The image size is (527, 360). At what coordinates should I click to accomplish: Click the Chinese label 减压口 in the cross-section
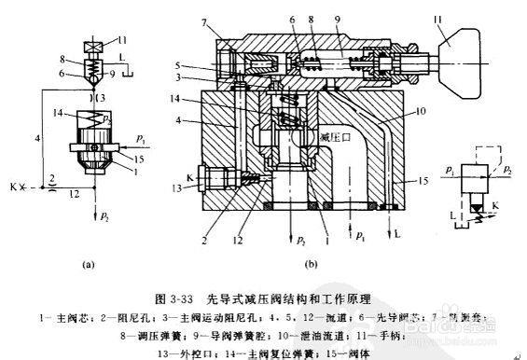pos(333,140)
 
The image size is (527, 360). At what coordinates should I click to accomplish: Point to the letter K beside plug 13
pos(189,175)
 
